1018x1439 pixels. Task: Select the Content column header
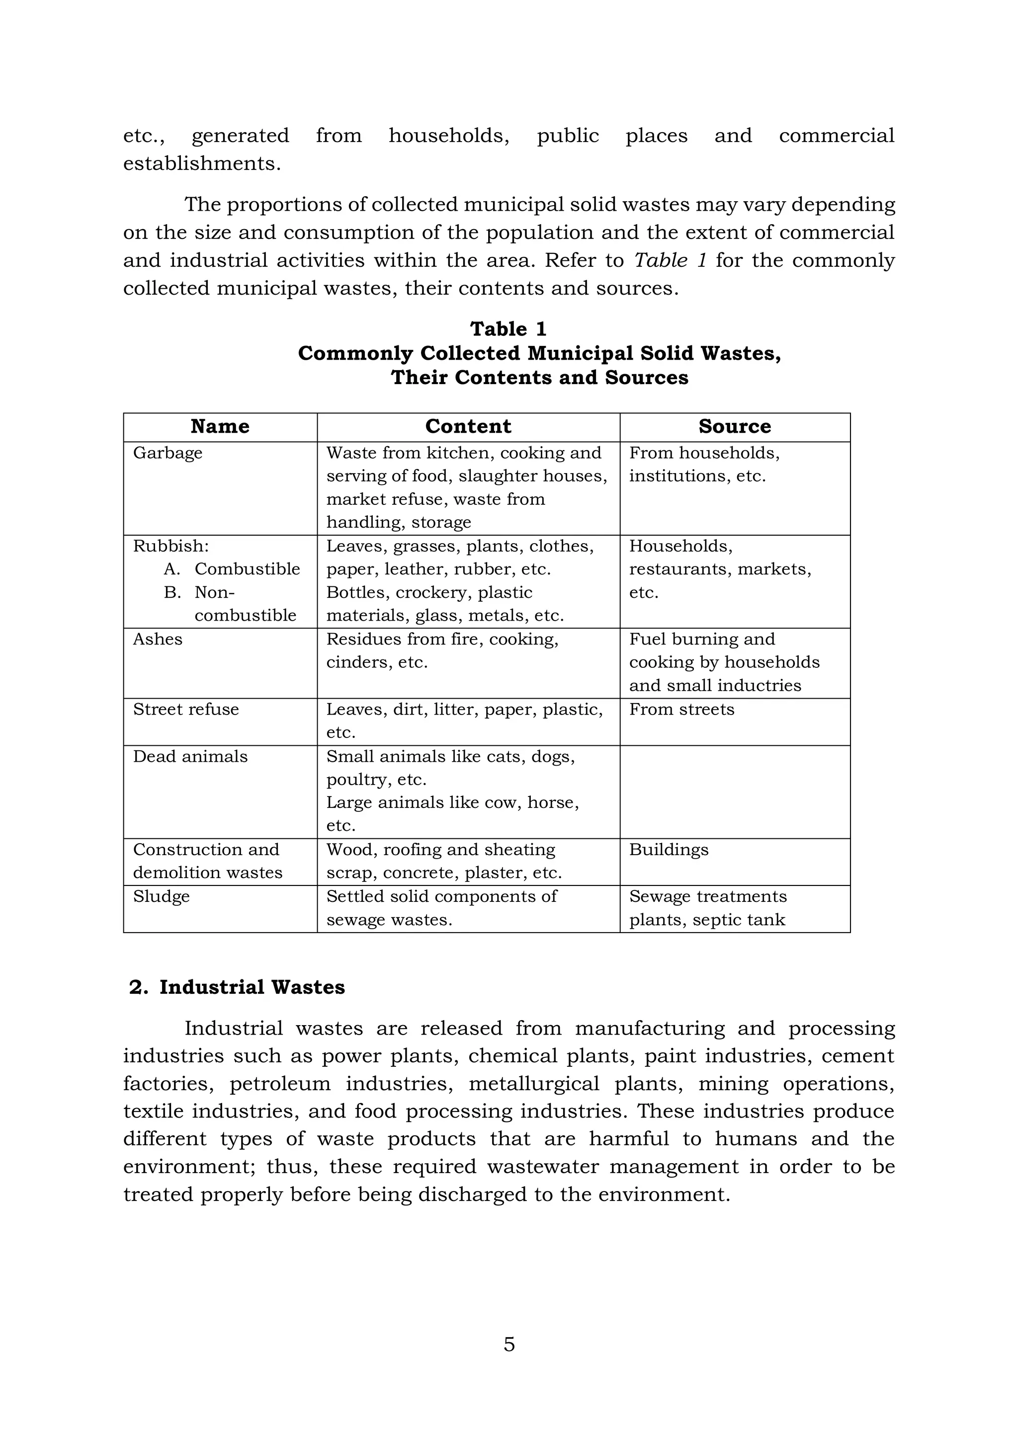[x=468, y=427]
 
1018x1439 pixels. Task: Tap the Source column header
[x=735, y=427]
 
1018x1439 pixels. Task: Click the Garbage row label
[x=168, y=453]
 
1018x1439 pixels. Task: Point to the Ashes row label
[x=158, y=640]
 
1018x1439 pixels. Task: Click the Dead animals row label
[x=190, y=756]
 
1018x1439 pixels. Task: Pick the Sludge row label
[x=161, y=897]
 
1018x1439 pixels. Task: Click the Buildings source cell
[x=669, y=850]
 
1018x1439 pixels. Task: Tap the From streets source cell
[x=681, y=710]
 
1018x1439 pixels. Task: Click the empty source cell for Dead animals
[x=735, y=792]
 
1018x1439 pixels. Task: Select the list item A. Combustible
[x=232, y=569]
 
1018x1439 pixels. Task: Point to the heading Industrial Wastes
[x=252, y=987]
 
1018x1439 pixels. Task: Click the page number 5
[x=509, y=1345]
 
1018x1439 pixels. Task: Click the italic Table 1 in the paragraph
[x=670, y=260]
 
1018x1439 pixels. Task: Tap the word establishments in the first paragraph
[x=202, y=163]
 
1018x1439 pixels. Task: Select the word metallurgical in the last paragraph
[x=533, y=1084]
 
